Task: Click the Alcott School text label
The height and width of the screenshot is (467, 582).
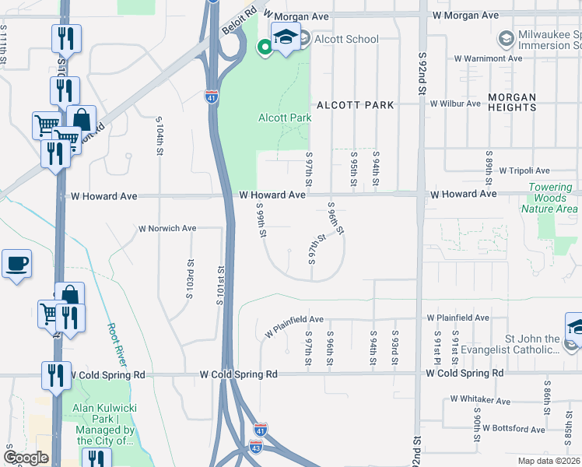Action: point(346,40)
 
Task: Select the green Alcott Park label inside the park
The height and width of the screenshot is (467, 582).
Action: point(285,118)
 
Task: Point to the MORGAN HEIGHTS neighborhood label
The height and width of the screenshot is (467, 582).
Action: point(512,102)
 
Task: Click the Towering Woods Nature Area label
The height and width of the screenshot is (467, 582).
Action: point(553,198)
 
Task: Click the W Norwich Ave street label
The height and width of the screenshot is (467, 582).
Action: point(167,229)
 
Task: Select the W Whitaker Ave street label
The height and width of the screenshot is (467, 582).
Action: point(480,401)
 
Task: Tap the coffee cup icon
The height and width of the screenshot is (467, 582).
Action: point(16,265)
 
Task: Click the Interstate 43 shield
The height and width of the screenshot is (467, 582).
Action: point(257,447)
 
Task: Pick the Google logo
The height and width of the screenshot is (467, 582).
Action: point(26,458)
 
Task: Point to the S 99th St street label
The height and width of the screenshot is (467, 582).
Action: point(261,221)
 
